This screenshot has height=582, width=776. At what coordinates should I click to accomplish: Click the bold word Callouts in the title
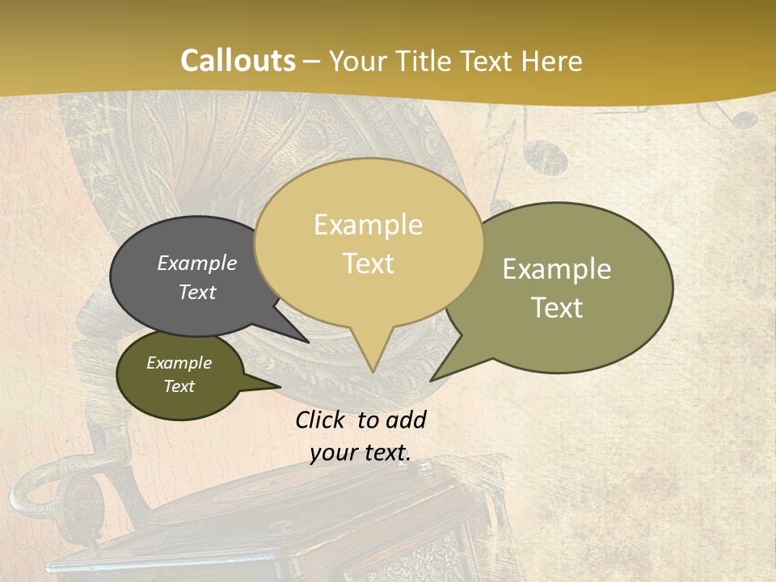click(x=238, y=61)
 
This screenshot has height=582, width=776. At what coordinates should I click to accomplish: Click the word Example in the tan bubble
click(x=368, y=225)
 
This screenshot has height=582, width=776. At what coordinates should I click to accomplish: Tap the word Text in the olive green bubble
click(x=557, y=308)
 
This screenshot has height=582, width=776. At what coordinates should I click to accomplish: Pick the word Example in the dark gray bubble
click(x=197, y=264)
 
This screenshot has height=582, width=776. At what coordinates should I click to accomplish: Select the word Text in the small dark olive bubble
click(x=179, y=386)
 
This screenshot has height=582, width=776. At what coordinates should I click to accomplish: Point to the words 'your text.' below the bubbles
click(x=361, y=453)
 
